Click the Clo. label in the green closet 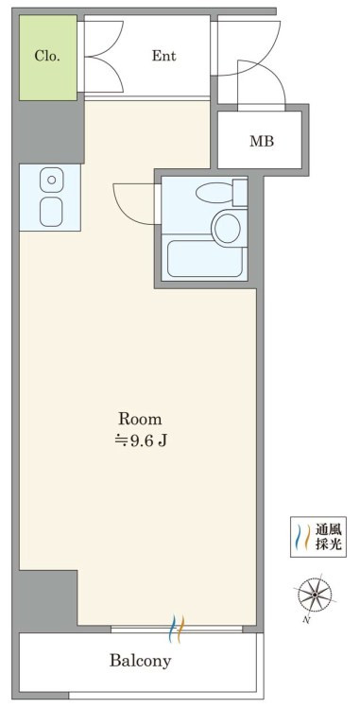[x=47, y=57]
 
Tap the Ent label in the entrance [x=163, y=56]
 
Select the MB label [x=262, y=142]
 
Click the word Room [x=140, y=419]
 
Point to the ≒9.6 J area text [x=140, y=440]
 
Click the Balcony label [x=140, y=661]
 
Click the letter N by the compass [x=307, y=620]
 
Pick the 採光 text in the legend [x=328, y=544]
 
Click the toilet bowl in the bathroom [x=214, y=193]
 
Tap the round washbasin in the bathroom [x=229, y=227]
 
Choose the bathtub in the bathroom [x=205, y=258]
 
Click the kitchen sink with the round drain [x=51, y=180]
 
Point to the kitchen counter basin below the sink [x=51, y=212]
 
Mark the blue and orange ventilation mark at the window [x=177, y=629]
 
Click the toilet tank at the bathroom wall [x=240, y=193]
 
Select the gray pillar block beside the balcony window [x=48, y=600]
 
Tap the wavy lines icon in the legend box [x=300, y=537]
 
